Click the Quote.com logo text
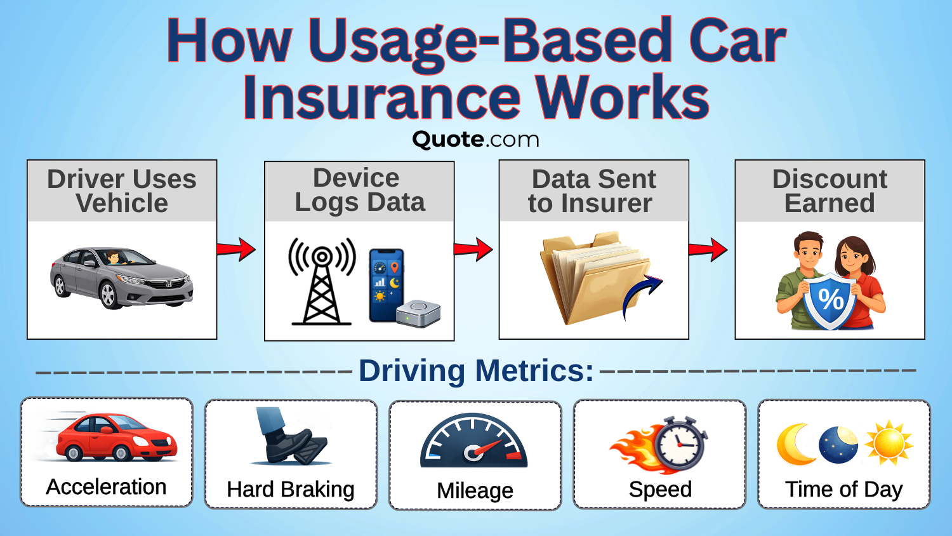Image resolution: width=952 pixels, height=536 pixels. coord(475,139)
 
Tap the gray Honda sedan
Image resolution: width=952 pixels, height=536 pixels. coord(121,278)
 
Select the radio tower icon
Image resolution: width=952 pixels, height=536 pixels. coord(322,282)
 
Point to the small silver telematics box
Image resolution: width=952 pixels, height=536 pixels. coord(418,313)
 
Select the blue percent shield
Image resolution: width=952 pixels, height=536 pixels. coord(830,300)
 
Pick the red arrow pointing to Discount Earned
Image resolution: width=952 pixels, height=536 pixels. coord(708,249)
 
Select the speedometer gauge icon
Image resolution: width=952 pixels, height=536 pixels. coord(474,442)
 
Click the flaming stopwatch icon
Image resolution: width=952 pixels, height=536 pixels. coord(660,445)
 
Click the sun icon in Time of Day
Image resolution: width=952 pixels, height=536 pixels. coord(889,443)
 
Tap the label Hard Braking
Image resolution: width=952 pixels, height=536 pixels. coord(291,490)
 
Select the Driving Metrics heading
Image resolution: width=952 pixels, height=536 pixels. coord(476,371)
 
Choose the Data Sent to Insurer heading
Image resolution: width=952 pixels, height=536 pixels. coord(593,191)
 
